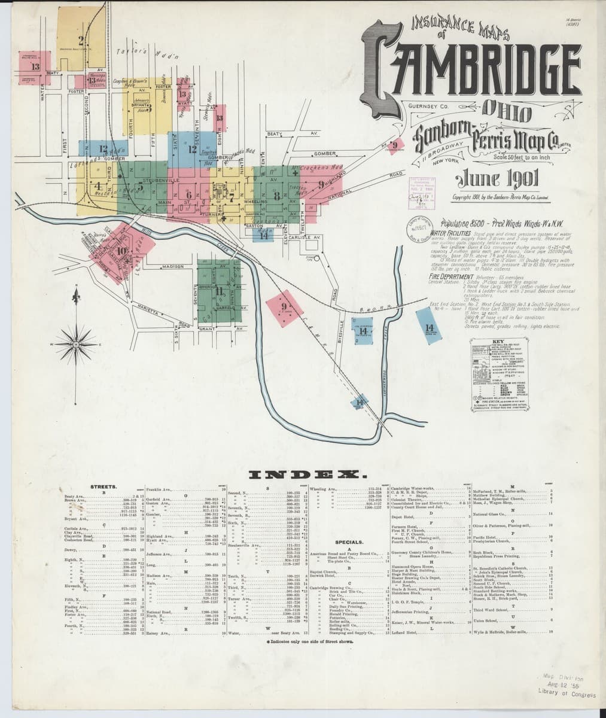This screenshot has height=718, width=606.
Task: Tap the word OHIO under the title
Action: tap(506, 112)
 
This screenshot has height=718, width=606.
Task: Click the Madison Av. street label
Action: tap(171, 266)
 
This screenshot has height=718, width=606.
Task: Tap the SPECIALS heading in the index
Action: tap(346, 541)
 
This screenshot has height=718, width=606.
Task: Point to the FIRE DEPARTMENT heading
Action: tap(457, 276)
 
